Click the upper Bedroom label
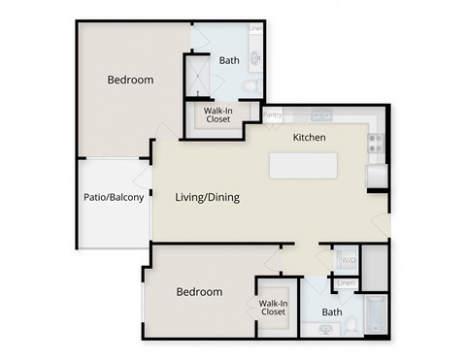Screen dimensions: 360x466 point(130,80)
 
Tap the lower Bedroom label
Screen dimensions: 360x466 point(199,291)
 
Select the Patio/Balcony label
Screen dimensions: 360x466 point(114,198)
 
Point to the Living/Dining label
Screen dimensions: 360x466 point(207,197)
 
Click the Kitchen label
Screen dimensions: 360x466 point(309,138)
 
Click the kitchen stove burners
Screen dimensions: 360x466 point(377,145)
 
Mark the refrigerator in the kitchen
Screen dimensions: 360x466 point(376,176)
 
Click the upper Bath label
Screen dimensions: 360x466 point(229,60)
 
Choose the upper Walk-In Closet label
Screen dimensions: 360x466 point(217,115)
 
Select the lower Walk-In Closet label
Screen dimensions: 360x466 point(273,308)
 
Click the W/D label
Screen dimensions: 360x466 point(347,261)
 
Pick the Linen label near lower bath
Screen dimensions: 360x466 point(345,282)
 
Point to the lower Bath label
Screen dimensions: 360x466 point(332,312)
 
